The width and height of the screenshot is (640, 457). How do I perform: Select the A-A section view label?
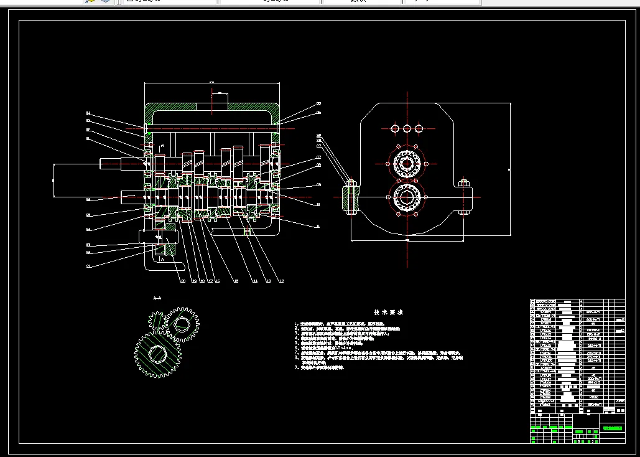coord(157,298)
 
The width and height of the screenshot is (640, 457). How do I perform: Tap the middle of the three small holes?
coord(407,128)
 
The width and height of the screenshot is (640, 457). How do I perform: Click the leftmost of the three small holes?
coord(394,128)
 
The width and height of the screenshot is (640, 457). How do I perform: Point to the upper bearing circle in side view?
coord(407,164)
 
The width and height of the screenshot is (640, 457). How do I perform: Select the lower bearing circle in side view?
coord(407,197)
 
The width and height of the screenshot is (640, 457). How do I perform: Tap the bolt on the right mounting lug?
coord(463,184)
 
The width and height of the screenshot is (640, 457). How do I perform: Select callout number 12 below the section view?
coord(281,281)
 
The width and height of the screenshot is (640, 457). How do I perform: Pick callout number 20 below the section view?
coord(183,281)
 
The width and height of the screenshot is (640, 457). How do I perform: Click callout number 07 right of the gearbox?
coord(318,158)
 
